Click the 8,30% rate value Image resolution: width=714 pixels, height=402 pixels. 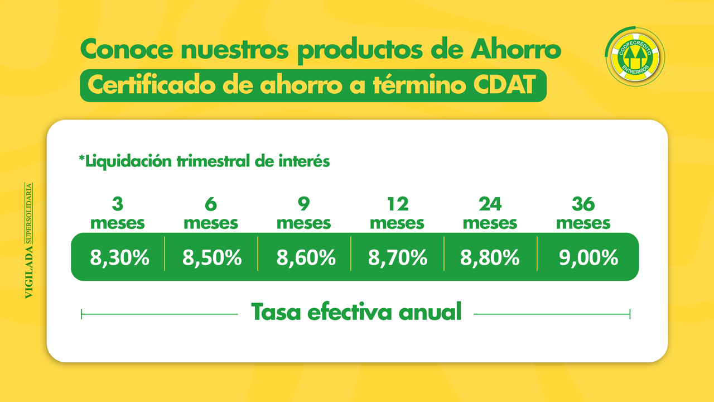click(119, 257)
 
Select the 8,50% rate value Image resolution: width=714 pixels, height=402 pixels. click(212, 257)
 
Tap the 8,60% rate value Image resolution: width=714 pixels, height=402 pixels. click(306, 257)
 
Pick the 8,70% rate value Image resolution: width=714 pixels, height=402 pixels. click(398, 257)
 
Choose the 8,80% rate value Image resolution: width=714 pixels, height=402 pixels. click(490, 257)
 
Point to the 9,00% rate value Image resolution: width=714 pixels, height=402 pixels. click(588, 257)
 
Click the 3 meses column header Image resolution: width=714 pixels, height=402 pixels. click(118, 213)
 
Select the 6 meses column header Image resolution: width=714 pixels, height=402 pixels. click(211, 213)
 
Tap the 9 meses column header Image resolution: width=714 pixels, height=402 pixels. click(304, 213)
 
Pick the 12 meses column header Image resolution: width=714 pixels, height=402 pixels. click(397, 213)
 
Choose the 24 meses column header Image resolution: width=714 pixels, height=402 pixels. click(490, 213)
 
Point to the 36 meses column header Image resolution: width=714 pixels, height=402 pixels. click(583, 213)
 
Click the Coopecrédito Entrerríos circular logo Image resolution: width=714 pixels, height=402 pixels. click(635, 56)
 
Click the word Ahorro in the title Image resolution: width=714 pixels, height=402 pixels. click(516, 49)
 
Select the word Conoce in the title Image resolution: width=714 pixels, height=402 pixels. click(127, 49)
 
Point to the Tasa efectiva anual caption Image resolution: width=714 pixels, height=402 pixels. click(356, 312)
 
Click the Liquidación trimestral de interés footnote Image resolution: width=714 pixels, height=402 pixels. click(204, 161)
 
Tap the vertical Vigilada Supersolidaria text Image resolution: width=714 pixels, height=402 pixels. click(28, 241)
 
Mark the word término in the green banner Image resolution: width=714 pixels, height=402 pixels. click(419, 84)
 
